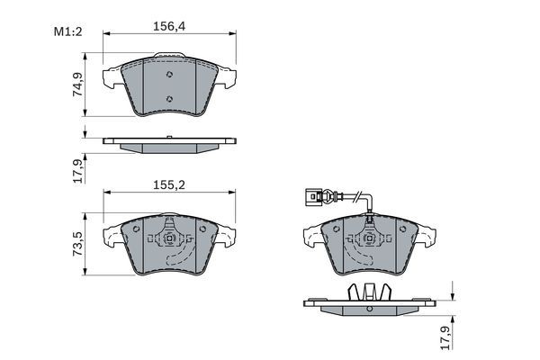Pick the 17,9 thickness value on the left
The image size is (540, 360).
pyautogui.click(x=78, y=169)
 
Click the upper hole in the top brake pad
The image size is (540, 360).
pyautogui.click(x=169, y=75)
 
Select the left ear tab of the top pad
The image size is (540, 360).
pyautogui.click(x=112, y=78)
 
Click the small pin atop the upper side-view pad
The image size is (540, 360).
pyautogui.click(x=169, y=138)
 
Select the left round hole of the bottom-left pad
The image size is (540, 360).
pyautogui.click(x=136, y=229)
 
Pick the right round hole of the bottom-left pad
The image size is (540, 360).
pyautogui.click(x=202, y=229)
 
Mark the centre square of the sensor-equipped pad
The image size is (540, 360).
pyautogui.click(x=367, y=238)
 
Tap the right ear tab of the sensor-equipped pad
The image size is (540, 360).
pyautogui.click(x=428, y=236)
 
